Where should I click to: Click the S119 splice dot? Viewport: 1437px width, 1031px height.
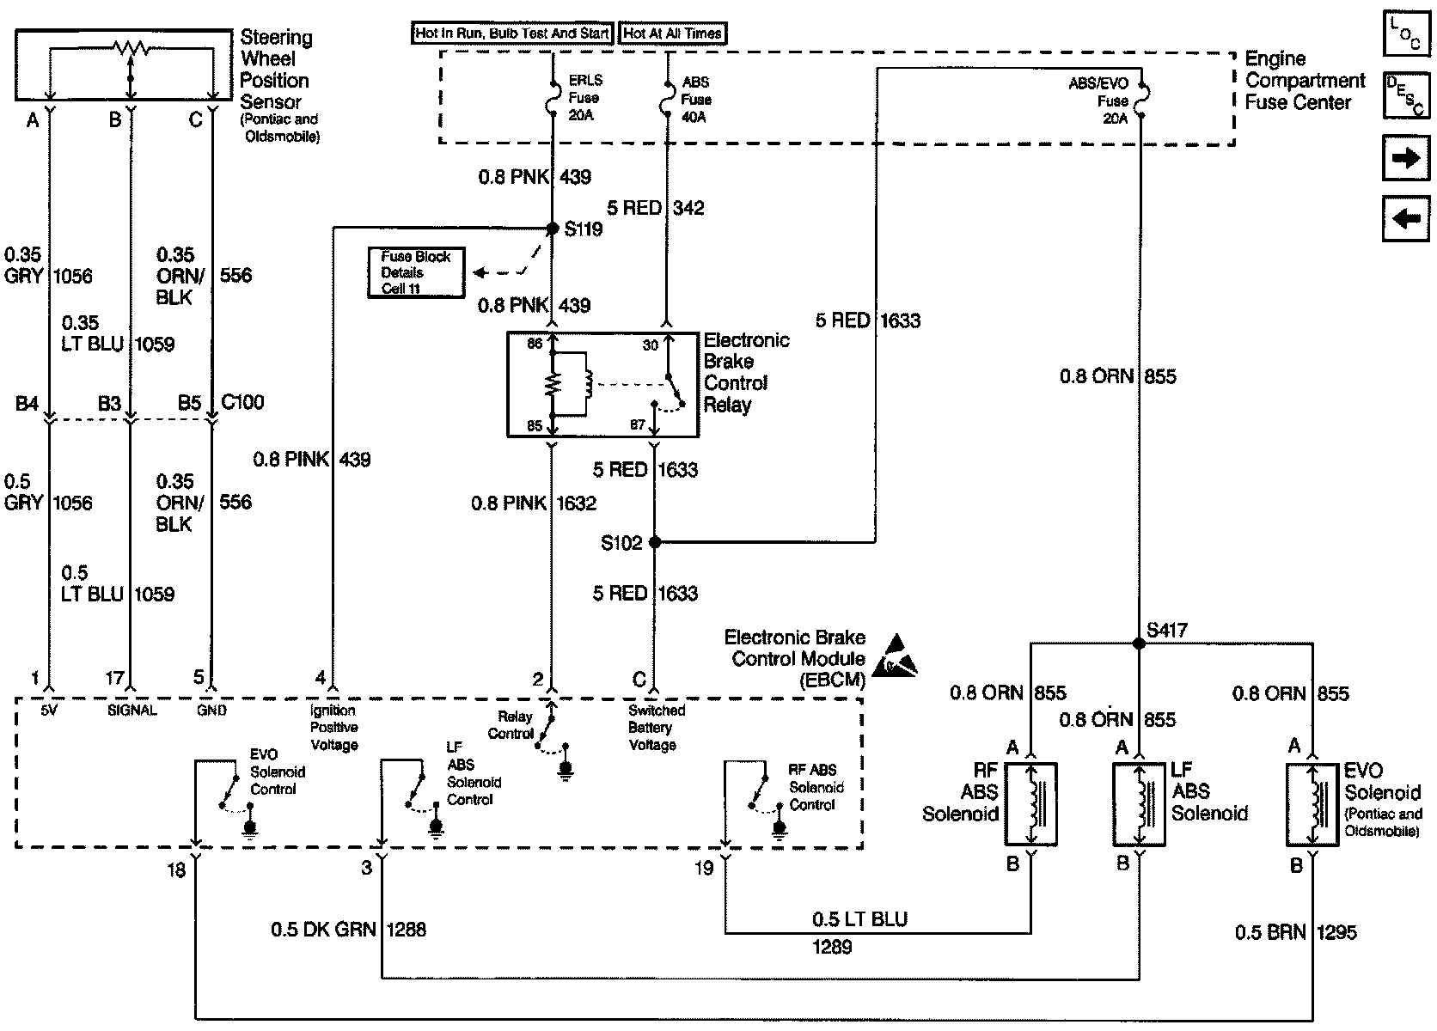553,228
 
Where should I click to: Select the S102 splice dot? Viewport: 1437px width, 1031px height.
654,542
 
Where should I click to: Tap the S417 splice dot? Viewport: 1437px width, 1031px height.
1139,644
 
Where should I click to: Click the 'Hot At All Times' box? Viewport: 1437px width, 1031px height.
672,34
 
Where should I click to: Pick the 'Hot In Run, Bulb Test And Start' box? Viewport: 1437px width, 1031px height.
512,34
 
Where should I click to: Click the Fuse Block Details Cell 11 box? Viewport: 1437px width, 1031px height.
416,272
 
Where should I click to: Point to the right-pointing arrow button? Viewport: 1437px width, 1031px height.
1405,158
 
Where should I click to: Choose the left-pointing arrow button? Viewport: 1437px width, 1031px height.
1405,219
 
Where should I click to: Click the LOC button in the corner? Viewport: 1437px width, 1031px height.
1405,34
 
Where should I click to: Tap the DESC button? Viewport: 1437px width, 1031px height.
1405,95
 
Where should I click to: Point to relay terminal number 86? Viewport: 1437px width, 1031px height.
535,344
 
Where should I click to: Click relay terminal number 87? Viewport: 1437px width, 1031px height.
637,424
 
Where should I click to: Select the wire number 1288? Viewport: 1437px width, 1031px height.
407,929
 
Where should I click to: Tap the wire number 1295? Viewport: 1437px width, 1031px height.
1337,932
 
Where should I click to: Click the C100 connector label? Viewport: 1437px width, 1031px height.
242,402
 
